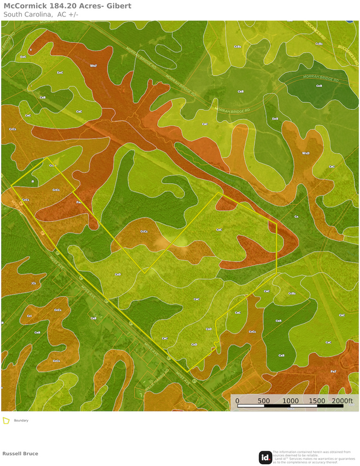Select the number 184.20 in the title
(65, 6)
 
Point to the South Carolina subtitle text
(27, 14)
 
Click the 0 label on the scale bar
(237, 401)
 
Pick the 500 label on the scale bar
(263, 401)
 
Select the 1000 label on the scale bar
(290, 401)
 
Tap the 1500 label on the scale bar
(317, 401)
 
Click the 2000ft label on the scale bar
(342, 401)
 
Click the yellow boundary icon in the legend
(6, 421)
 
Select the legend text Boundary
(21, 421)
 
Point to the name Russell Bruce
(20, 453)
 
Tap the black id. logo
(265, 458)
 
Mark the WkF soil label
(93, 65)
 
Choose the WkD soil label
(306, 154)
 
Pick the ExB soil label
(275, 118)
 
